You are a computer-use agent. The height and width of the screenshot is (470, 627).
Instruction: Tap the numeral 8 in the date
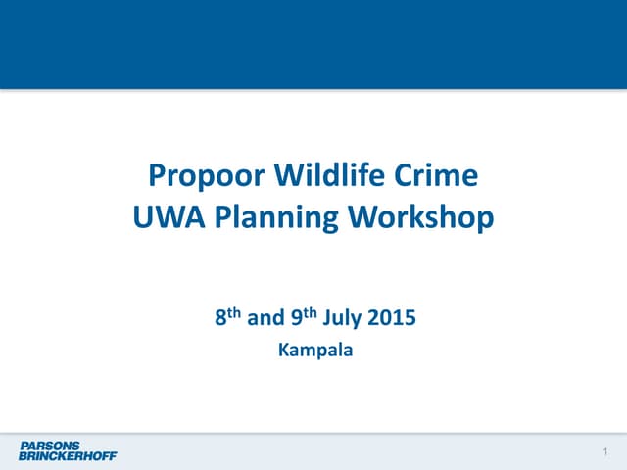point(219,319)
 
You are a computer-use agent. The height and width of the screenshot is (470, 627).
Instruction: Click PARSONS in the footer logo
point(49,446)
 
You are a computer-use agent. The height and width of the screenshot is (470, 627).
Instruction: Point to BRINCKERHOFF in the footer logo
point(67,455)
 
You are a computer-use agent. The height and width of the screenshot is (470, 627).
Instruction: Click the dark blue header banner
point(313,44)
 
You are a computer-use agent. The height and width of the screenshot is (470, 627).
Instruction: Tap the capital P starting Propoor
point(157,177)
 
